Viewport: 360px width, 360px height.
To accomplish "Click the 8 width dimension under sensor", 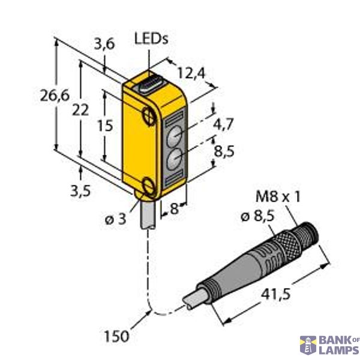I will (173, 211).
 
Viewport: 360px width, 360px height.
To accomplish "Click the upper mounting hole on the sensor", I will (148, 113).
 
